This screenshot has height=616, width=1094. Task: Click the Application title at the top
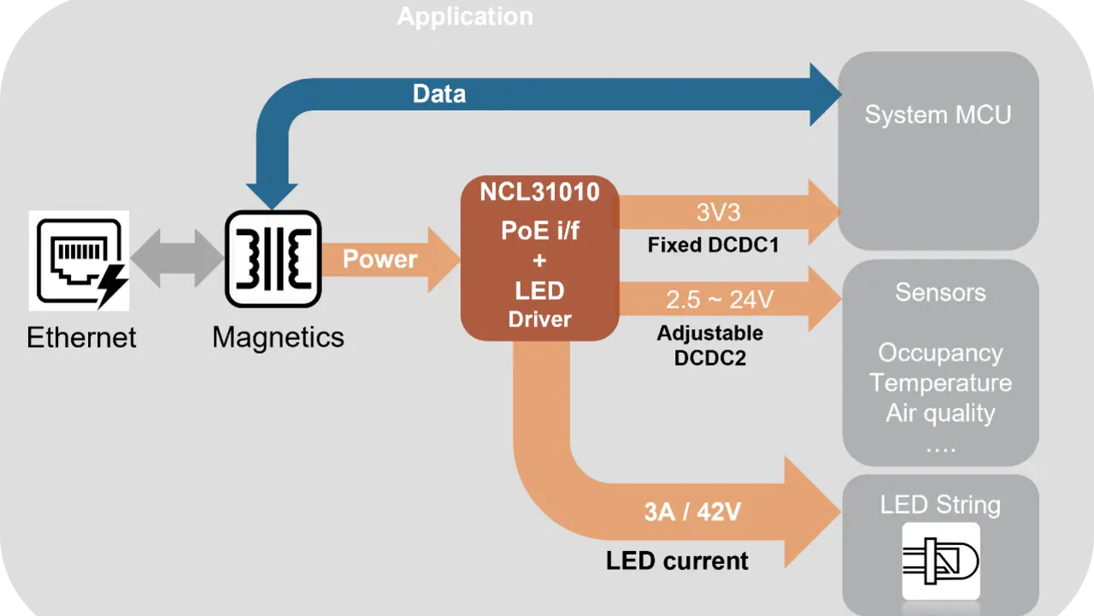click(x=465, y=16)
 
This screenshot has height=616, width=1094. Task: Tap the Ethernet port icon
click(x=79, y=260)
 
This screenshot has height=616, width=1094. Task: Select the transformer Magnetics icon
click(x=273, y=260)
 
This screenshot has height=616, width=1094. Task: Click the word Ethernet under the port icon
click(x=81, y=337)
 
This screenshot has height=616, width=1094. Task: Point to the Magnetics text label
click(x=278, y=337)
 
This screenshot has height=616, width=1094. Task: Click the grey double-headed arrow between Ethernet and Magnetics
click(x=178, y=258)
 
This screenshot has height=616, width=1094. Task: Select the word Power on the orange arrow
click(x=379, y=259)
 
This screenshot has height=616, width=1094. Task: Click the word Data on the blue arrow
click(x=439, y=94)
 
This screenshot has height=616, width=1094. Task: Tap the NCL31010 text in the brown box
click(x=539, y=191)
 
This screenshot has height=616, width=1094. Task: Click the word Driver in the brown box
click(x=539, y=320)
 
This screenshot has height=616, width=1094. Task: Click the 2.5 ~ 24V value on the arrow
click(x=719, y=300)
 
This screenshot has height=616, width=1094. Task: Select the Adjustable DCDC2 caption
click(x=709, y=345)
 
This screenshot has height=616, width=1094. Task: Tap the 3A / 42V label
click(x=692, y=512)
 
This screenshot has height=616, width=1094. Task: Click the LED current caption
click(x=677, y=561)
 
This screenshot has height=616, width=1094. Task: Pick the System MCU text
click(x=938, y=115)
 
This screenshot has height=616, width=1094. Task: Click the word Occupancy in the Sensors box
click(x=940, y=353)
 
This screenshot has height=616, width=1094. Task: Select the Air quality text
click(x=940, y=414)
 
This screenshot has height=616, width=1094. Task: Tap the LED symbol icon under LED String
click(x=941, y=560)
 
